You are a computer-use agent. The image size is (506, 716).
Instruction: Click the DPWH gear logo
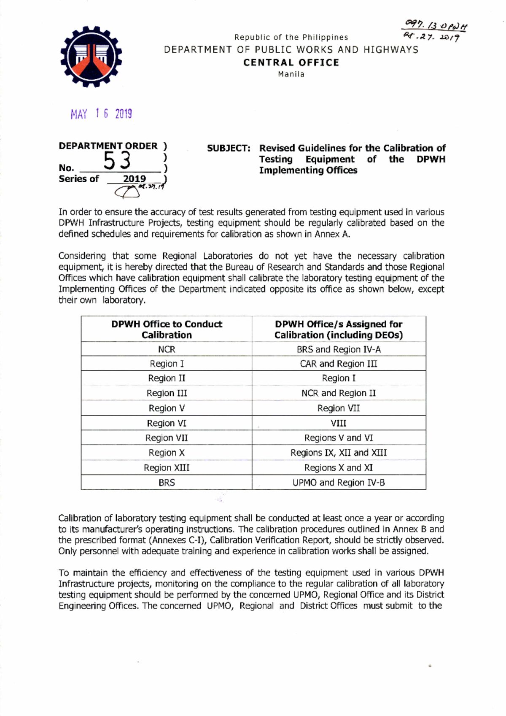coord(91,57)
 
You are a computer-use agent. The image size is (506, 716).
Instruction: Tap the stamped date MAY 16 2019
coord(101,114)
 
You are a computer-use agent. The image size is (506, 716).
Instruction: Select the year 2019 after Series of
coord(134,179)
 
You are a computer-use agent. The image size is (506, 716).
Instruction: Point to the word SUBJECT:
coord(229,149)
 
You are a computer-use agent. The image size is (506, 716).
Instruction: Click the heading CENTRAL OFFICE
coord(291,62)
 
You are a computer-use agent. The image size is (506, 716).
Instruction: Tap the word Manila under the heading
coord(291,74)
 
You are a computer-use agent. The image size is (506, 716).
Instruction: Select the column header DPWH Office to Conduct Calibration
coord(167,330)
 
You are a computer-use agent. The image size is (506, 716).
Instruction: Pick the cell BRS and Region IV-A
coord(339,349)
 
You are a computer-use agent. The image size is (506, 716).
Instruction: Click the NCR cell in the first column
coord(167,349)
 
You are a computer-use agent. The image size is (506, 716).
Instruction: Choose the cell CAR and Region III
coord(339,364)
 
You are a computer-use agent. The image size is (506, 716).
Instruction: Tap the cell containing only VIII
coord(339,423)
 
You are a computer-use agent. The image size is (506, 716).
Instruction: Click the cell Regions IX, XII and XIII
coord(339,453)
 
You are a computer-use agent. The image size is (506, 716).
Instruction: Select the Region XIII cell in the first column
coord(167,467)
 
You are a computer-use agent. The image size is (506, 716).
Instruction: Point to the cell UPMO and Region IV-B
coord(339,483)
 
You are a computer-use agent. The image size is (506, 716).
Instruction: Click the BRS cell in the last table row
coord(167,483)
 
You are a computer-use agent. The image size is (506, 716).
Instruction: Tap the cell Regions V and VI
coord(339,438)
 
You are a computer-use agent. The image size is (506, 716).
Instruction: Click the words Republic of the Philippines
coord(291,38)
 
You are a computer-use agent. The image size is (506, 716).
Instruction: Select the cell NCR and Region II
coord(339,393)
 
